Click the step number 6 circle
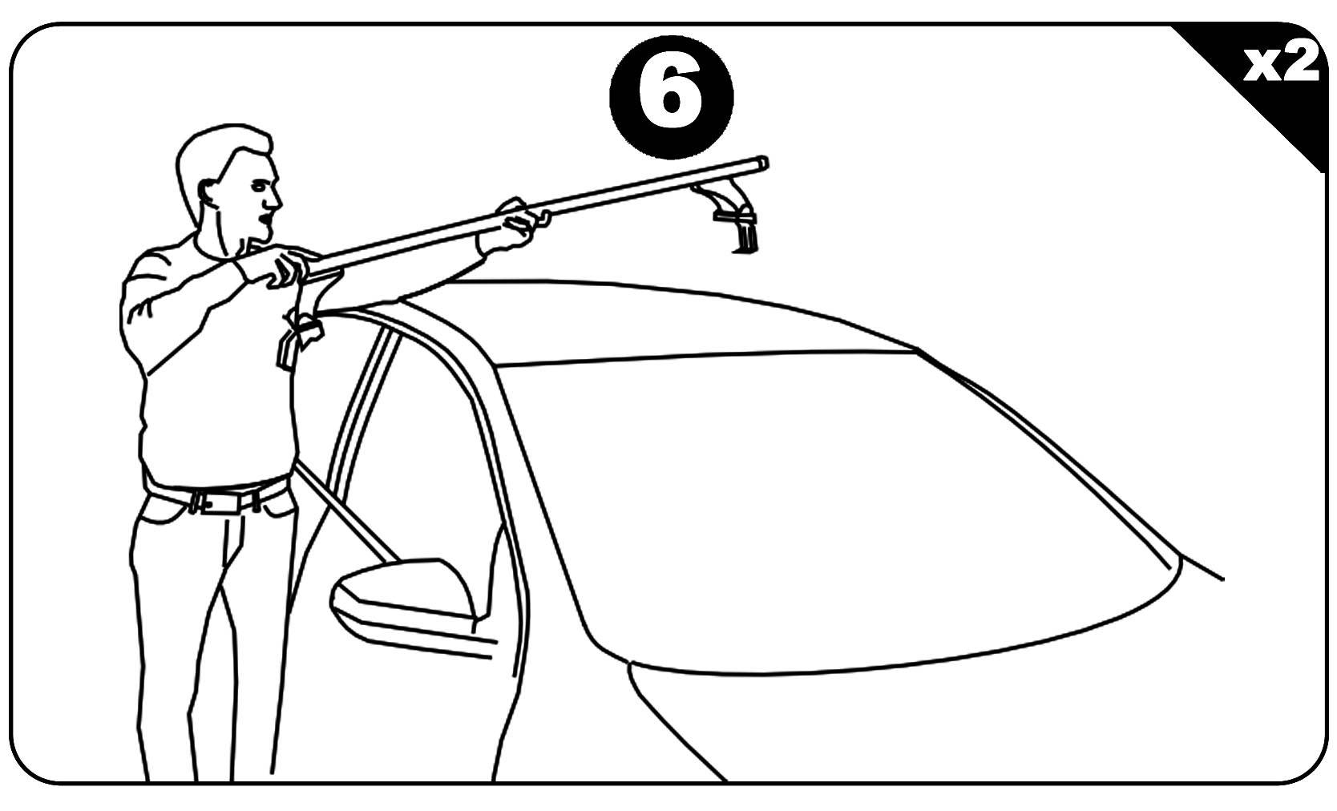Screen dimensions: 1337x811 [672, 97]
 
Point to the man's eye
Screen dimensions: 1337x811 [258, 186]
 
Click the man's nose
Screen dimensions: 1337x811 [275, 200]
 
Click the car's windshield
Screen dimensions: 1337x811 [835, 507]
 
